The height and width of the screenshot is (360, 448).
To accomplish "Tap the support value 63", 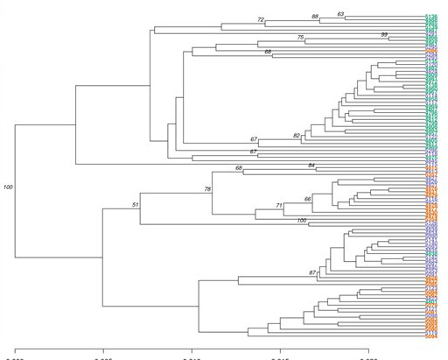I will click(x=341, y=14).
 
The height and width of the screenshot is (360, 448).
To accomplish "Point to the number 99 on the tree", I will click(x=383, y=34).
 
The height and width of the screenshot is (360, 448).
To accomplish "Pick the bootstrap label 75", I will click(x=300, y=38).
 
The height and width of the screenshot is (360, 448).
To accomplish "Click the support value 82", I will click(x=297, y=136).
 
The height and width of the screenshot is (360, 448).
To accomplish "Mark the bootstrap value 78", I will click(x=208, y=189).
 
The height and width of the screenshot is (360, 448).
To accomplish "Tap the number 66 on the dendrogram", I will click(x=308, y=200).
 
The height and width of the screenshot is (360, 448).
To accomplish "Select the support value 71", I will click(x=279, y=206).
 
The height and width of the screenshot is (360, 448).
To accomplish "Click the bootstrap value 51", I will click(x=136, y=205).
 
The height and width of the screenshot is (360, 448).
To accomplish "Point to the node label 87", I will click(x=312, y=273).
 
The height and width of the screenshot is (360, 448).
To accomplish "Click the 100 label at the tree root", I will click(x=9, y=187).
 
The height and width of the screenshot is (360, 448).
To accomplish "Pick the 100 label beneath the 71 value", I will click(x=302, y=221).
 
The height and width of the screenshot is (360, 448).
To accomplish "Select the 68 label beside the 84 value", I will click(x=239, y=168).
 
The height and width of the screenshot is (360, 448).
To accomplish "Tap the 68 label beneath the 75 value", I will click(x=268, y=53).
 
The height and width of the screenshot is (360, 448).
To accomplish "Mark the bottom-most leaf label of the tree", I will click(x=431, y=336).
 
